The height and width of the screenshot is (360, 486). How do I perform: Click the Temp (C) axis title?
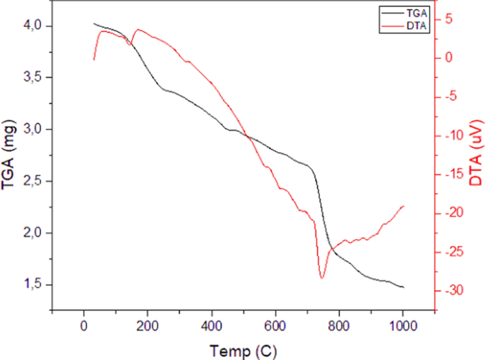(x=243, y=349)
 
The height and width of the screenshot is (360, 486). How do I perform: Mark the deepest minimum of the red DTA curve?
(x=322, y=278)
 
